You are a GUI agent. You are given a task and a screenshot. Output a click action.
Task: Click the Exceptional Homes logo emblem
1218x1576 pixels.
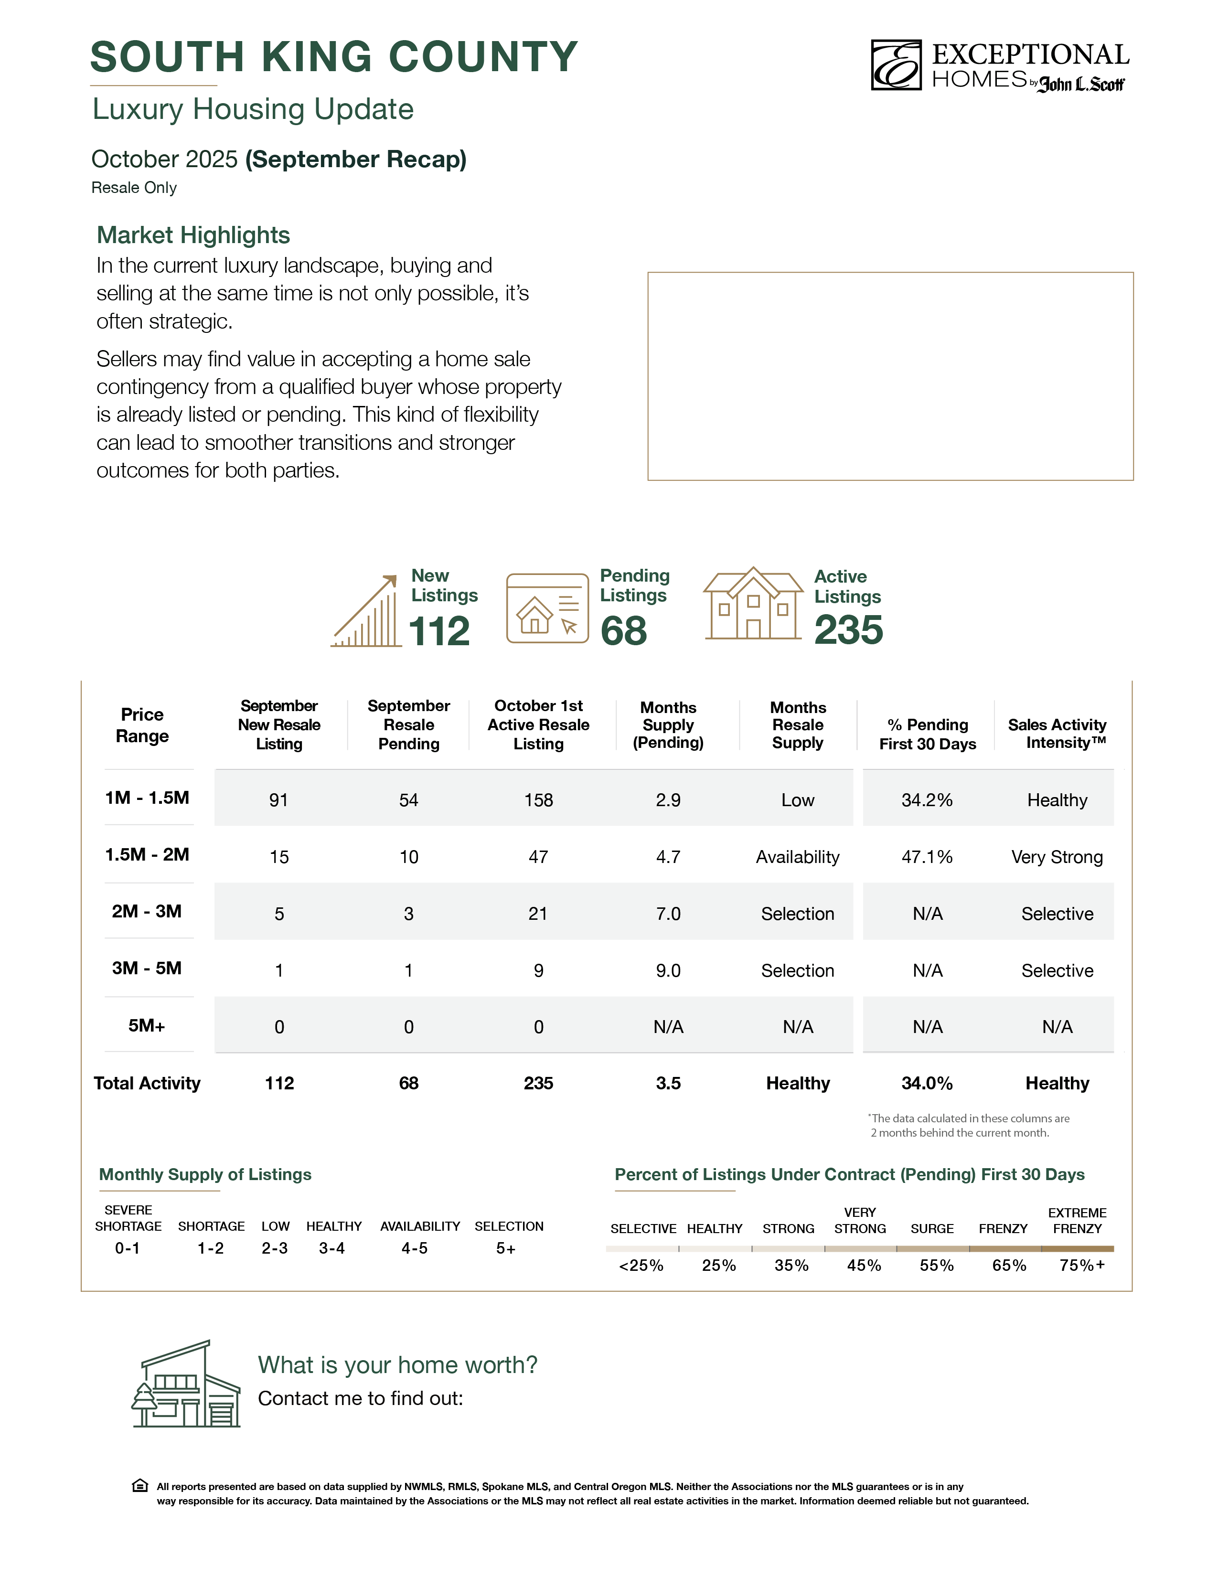click(x=896, y=65)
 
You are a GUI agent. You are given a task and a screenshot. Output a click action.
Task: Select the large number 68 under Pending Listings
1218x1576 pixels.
click(x=623, y=631)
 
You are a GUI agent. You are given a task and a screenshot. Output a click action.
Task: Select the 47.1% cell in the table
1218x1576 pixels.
click(x=927, y=857)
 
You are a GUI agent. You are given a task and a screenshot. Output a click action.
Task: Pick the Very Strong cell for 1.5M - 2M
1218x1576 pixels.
click(x=1057, y=857)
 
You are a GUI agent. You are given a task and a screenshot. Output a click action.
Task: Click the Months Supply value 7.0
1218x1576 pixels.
click(x=668, y=914)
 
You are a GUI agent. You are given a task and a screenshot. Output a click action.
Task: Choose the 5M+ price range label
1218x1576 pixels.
click(x=147, y=1025)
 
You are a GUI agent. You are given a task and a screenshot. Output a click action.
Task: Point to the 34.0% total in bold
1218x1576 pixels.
click(x=927, y=1083)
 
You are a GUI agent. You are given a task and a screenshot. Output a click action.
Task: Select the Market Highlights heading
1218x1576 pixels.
click(x=193, y=235)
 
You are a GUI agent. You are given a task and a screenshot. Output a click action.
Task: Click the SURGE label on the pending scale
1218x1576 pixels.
click(x=932, y=1228)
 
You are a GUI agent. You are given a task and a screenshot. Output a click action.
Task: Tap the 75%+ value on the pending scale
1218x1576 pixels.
click(x=1081, y=1265)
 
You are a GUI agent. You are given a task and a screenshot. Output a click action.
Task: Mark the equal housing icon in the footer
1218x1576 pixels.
click(x=140, y=1486)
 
